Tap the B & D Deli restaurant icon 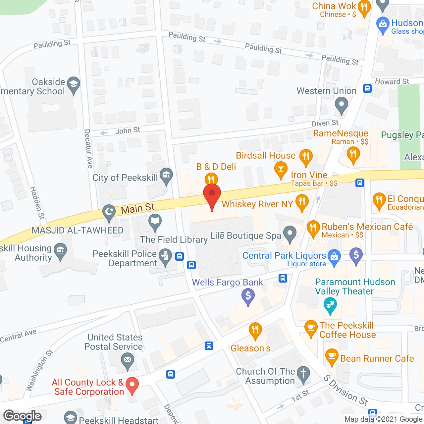[x=211, y=179]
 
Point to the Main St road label [x=137, y=209]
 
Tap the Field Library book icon [x=155, y=221]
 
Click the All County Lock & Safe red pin [x=132, y=385]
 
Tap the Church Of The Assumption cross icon [x=303, y=373]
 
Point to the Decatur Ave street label [x=88, y=149]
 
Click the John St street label [x=128, y=131]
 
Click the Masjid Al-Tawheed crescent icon [x=109, y=211]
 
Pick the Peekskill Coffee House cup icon [x=311, y=327]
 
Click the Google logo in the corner [x=23, y=416]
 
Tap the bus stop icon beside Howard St [x=367, y=88]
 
